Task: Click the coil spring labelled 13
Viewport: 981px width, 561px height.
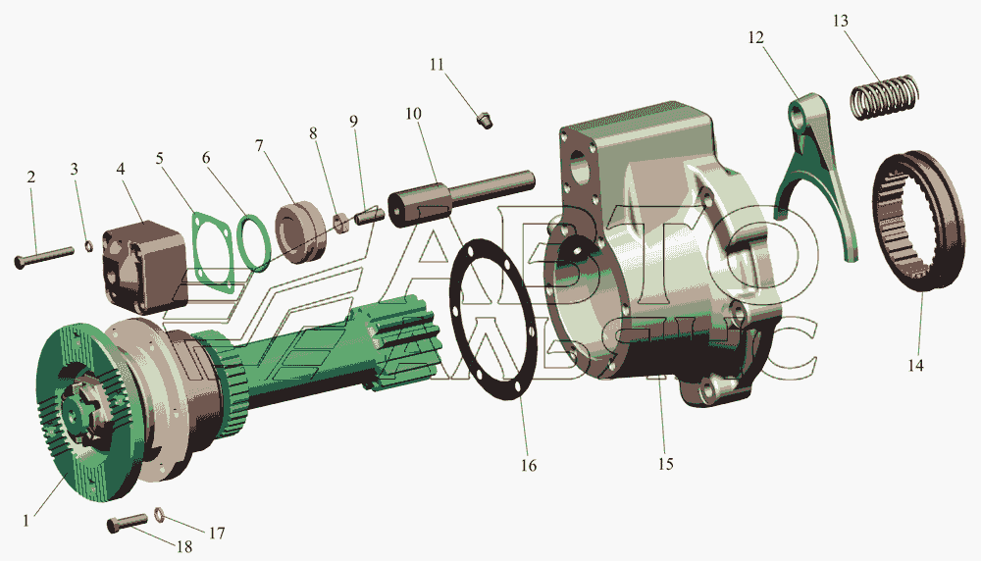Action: click(x=885, y=97)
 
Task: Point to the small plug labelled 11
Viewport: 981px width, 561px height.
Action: click(x=485, y=119)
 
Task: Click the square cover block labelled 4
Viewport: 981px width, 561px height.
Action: click(x=146, y=265)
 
